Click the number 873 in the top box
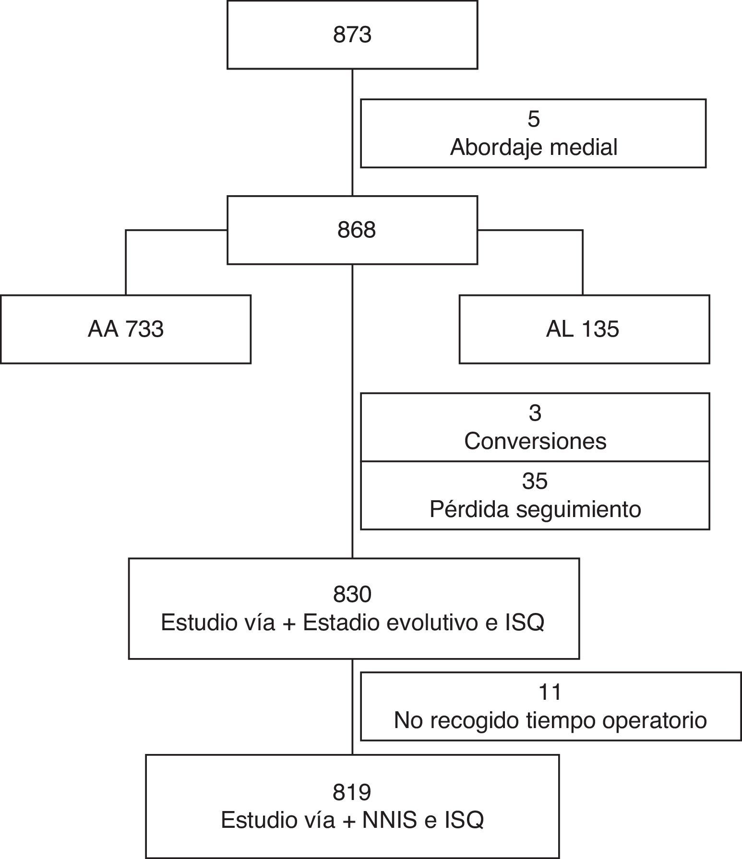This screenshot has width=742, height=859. (352, 35)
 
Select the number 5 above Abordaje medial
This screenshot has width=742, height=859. (533, 119)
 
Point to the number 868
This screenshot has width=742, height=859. (356, 230)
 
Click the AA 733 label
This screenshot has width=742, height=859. (126, 329)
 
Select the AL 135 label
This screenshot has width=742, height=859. (582, 329)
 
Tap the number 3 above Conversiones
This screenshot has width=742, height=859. (535, 413)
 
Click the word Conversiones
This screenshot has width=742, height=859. (535, 441)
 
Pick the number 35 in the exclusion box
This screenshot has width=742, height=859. (535, 481)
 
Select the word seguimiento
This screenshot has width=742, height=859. (578, 509)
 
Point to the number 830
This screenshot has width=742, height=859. (352, 595)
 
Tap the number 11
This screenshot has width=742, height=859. (550, 692)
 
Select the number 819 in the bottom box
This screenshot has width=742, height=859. (352, 792)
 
